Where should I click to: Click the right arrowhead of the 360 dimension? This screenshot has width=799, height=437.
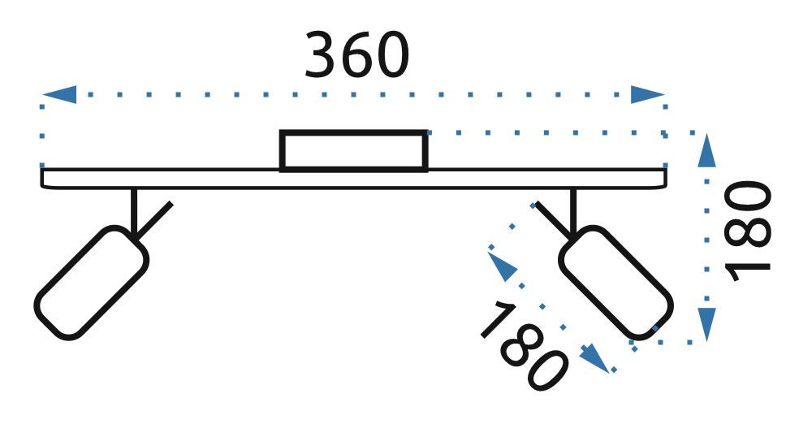click(649, 94)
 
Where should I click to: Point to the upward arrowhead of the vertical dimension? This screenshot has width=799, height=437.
click(707, 152)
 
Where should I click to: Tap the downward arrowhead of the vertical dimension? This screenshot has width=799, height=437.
click(707, 323)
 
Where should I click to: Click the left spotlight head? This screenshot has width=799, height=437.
click(91, 282)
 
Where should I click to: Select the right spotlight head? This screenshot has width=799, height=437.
click(615, 282)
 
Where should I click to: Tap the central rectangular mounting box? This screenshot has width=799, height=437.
click(353, 151)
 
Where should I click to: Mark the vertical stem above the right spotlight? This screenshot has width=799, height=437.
click(573, 210)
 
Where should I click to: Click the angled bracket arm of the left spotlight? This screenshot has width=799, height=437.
click(158, 217)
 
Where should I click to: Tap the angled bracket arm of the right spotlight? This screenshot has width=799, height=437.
click(549, 217)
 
